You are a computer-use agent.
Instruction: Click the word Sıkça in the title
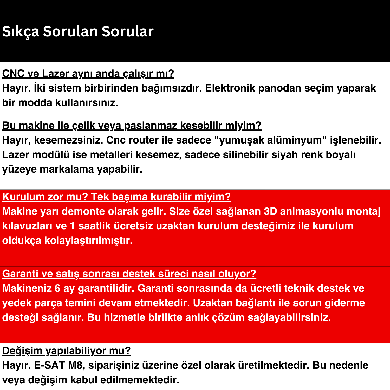(x=21, y=31)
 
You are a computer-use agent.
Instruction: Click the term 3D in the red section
(x=270, y=211)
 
